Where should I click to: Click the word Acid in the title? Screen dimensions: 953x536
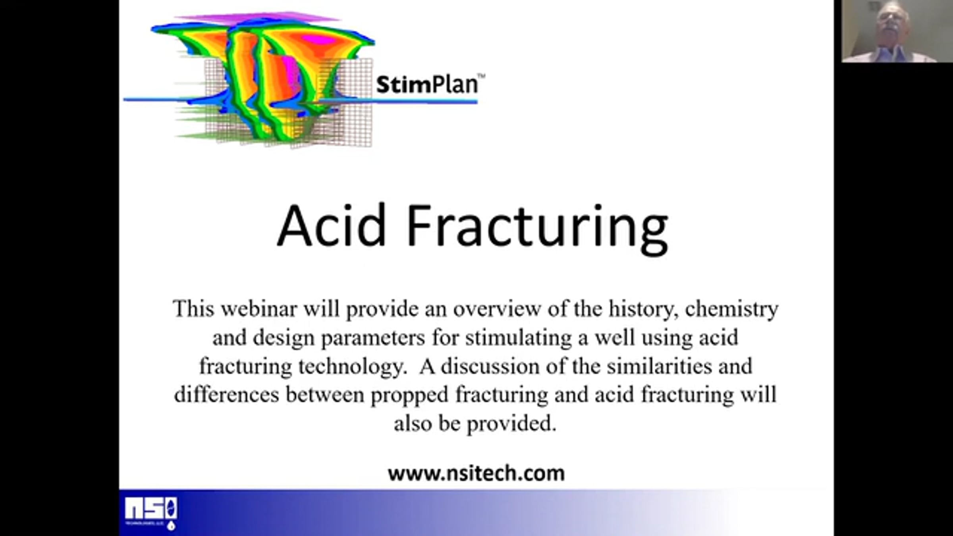[332, 225]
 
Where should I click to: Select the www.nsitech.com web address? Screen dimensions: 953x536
[476, 473]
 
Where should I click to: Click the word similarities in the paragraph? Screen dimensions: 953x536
[659, 366]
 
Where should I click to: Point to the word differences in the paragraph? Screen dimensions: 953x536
[226, 395]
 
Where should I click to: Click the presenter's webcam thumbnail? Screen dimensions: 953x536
[897, 31]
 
